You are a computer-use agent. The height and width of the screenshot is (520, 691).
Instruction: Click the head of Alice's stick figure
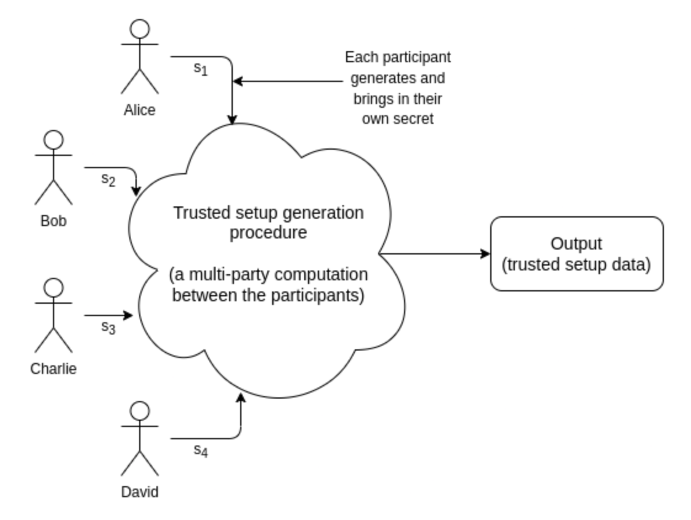click(140, 29)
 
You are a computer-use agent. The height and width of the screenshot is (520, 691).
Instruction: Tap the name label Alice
click(140, 110)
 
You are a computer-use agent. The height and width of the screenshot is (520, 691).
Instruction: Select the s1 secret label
click(201, 69)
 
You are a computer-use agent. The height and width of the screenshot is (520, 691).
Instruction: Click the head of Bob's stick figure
click(54, 140)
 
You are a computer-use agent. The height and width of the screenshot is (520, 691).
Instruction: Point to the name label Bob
click(54, 221)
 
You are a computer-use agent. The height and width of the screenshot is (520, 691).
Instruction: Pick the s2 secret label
click(108, 179)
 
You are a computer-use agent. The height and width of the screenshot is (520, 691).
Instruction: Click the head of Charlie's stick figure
click(54, 288)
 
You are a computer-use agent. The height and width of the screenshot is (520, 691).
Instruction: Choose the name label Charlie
click(54, 369)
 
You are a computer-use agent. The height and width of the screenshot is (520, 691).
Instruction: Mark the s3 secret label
click(108, 327)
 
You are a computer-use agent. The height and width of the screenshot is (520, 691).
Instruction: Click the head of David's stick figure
click(140, 411)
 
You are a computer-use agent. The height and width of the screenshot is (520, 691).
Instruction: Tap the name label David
click(140, 492)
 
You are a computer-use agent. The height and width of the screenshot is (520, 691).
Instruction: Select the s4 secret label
click(201, 451)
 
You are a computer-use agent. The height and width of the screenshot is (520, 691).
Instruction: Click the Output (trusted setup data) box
click(576, 253)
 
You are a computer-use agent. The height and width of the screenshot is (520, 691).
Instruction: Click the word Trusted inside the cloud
click(197, 213)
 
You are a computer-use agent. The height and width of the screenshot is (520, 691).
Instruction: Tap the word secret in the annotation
click(414, 118)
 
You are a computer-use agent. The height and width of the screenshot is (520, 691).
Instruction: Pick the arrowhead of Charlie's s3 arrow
click(129, 315)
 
